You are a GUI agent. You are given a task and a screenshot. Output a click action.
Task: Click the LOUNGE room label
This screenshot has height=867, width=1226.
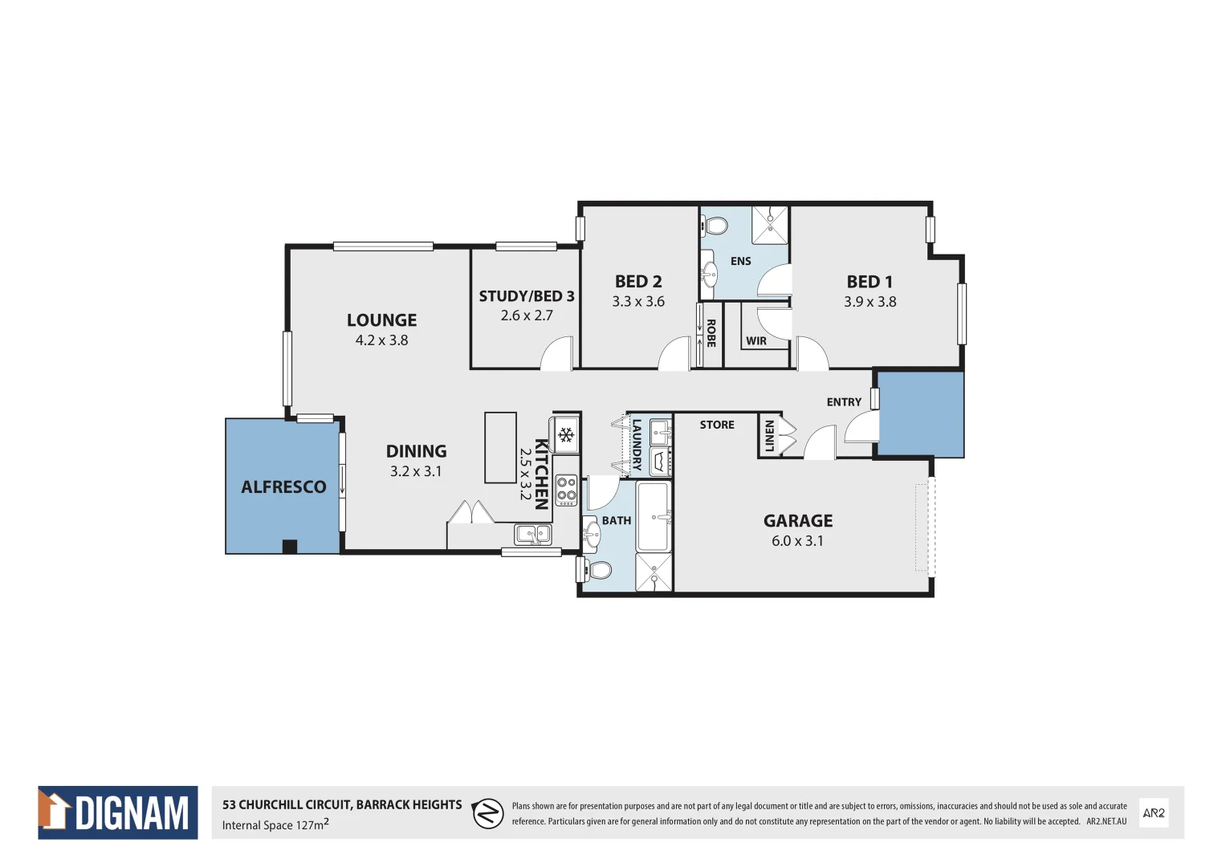tap(381, 320)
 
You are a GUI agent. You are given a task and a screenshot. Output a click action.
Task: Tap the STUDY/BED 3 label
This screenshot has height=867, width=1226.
tap(527, 296)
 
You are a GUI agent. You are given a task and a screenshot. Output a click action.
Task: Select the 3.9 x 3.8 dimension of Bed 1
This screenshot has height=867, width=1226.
tap(870, 302)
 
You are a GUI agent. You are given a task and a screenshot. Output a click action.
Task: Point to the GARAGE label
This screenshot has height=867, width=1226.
tap(798, 521)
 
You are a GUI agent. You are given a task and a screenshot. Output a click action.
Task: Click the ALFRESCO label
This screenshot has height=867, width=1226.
tap(283, 487)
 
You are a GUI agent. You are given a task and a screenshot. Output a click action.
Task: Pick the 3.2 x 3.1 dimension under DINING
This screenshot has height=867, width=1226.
tap(416, 471)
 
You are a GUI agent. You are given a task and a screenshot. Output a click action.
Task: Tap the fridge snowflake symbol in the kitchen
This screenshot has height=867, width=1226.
tap(566, 435)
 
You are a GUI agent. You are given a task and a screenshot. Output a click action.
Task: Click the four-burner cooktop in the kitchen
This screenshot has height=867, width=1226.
tap(567, 490)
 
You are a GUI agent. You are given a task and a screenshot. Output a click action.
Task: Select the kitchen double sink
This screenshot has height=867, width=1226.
tap(533, 533)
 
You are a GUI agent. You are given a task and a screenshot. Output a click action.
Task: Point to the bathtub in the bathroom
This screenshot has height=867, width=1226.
tap(654, 516)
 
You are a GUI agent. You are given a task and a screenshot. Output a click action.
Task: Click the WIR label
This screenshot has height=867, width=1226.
tap(756, 341)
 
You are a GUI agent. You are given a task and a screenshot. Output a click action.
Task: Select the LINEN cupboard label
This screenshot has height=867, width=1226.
tap(769, 436)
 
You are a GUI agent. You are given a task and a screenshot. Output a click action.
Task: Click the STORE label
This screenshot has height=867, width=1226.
tap(717, 425)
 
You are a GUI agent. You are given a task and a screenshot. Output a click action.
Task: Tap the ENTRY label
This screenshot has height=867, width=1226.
tap(844, 402)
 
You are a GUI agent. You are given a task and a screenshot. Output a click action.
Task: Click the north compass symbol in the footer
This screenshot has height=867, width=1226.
tap(487, 813)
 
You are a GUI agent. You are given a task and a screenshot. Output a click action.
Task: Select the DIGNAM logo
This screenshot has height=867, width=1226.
tap(118, 812)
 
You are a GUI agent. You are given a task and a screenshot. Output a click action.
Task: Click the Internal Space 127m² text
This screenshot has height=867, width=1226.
tap(275, 825)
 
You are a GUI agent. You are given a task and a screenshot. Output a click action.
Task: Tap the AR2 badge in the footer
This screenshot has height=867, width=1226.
tap(1154, 812)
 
